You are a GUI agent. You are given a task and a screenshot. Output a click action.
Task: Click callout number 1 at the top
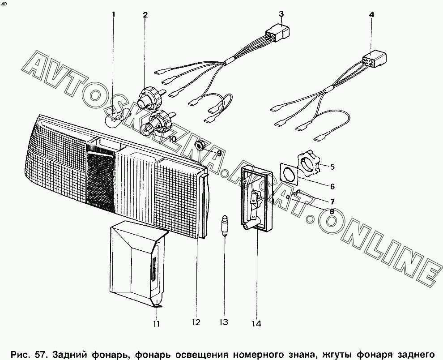pos(114,15)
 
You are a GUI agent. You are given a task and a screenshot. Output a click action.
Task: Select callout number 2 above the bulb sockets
pos(145,15)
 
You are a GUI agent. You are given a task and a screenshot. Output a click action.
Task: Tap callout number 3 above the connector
pos(281,14)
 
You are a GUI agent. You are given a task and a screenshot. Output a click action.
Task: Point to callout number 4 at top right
pos(371,14)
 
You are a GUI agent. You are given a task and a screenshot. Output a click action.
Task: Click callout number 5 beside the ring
pos(332,167)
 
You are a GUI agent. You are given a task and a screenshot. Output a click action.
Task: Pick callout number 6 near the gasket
pos(332,187)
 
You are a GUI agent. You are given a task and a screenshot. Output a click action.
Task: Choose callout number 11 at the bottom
pos(155,324)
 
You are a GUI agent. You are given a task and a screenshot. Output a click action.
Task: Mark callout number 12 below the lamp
pos(197,322)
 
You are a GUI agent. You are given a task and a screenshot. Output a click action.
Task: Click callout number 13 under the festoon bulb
pos(223,322)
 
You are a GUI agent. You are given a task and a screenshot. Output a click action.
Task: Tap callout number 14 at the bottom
pos(257,323)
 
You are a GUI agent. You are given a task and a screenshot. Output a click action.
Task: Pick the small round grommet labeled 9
pos(201,145)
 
